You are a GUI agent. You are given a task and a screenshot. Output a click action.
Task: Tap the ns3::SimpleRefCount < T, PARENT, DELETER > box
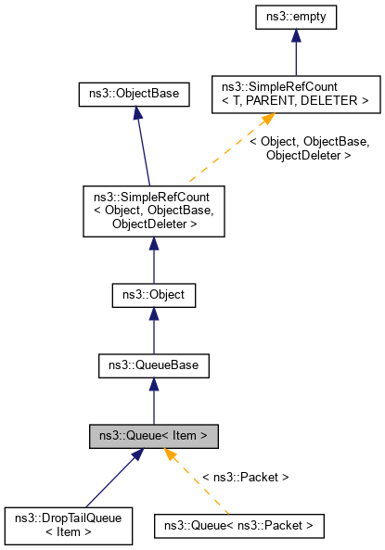coord(295,94)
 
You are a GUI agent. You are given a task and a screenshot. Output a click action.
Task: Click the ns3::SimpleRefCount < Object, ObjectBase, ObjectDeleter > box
coord(153,211)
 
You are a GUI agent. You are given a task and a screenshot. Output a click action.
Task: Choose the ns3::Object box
coord(153,296)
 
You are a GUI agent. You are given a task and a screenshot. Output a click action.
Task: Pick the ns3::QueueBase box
coord(153,365)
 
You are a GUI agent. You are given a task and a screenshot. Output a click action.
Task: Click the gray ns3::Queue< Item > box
coord(153,435)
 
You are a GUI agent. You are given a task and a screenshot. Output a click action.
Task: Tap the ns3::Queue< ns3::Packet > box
coord(239,526)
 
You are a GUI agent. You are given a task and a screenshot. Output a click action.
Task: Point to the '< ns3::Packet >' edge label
coord(246,477)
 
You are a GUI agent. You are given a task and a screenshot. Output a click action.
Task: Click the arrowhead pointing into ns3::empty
coord(295,36)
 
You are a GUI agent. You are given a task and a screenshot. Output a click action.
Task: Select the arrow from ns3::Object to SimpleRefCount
coord(153,260)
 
